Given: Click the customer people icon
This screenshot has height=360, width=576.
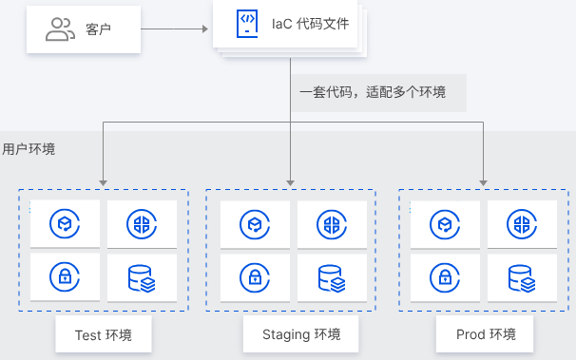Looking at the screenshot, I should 60,29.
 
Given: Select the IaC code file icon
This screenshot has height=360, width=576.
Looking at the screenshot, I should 247,26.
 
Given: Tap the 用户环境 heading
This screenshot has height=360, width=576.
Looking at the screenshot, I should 29,149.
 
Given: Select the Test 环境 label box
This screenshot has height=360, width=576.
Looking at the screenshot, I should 103,335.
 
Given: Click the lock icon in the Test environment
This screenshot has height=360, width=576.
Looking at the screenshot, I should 65,277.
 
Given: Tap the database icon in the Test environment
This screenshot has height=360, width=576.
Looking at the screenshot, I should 142,277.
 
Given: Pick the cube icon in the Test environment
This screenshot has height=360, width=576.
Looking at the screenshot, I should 65,224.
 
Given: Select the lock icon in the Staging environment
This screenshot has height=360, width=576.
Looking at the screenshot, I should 255,277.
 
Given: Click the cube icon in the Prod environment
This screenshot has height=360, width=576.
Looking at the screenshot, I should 445,224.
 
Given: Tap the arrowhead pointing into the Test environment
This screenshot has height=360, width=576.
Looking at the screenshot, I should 103,181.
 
